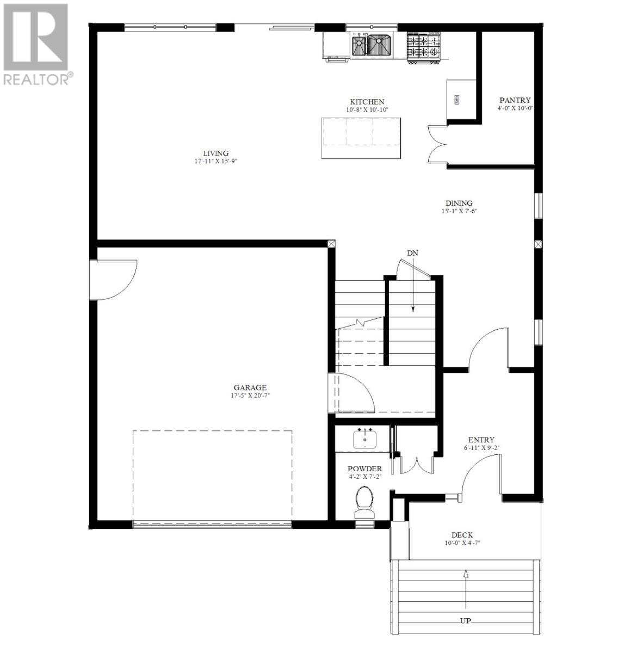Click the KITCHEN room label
tap(367, 102)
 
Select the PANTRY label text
tap(515, 100)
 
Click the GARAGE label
tap(250, 388)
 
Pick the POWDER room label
tap(364, 469)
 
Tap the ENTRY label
tap(481, 440)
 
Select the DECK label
tap(462, 535)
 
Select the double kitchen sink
tap(373, 45)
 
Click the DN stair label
tap(412, 253)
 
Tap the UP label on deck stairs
tap(466, 621)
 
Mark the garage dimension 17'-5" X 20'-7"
tap(250, 396)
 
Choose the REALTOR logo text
tap(36, 79)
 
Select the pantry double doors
tap(437, 145)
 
